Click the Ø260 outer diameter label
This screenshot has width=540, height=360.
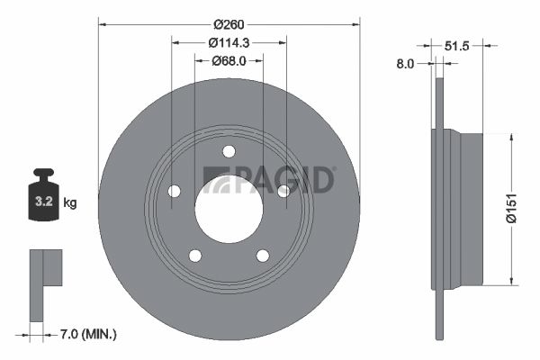[229, 25]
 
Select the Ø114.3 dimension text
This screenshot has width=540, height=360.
[229, 42]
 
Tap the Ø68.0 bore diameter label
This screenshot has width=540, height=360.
[229, 61]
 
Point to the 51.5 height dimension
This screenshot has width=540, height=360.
[456, 46]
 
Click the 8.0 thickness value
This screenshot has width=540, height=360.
[405, 64]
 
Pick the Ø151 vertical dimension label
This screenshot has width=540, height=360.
[512, 208]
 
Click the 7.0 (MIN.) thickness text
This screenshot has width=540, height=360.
[88, 334]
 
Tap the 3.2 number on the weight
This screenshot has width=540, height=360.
[44, 202]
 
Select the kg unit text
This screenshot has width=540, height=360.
[70, 202]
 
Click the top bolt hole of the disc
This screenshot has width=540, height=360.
[229, 151]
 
